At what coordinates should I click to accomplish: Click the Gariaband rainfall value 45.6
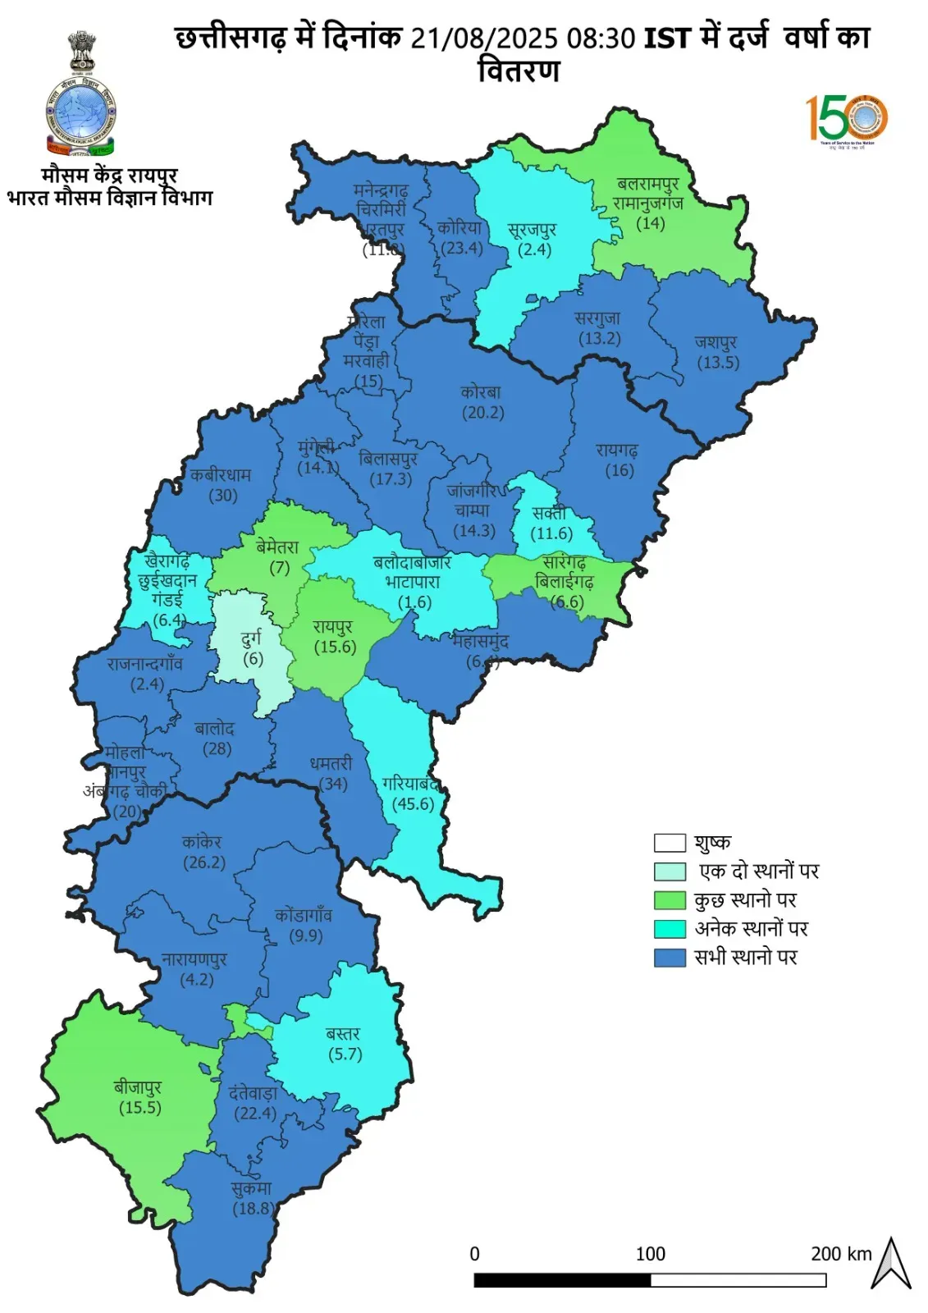point(413,804)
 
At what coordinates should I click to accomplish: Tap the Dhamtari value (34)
point(332,784)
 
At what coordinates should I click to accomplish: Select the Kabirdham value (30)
point(222,496)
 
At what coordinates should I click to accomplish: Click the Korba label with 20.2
point(482,403)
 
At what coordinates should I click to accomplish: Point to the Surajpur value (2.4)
point(534,250)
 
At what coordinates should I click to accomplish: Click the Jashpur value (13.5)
point(718,363)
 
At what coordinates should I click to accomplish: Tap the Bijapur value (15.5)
point(140,1108)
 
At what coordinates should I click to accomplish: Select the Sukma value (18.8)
point(253,1208)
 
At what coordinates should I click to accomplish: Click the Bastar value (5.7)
point(345,1055)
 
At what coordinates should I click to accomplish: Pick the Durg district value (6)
point(253,659)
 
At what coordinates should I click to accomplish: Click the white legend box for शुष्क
point(670,843)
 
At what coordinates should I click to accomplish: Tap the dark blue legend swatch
point(670,958)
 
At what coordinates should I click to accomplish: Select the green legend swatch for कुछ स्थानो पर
point(670,900)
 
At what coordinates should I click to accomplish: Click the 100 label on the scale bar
point(650,1254)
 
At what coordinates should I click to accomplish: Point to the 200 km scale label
point(841,1254)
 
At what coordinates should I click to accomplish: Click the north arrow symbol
point(891,1264)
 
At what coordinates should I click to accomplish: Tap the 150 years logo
point(847,119)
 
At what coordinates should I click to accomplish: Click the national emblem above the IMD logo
point(81,51)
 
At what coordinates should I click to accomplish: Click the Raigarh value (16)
point(619,471)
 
